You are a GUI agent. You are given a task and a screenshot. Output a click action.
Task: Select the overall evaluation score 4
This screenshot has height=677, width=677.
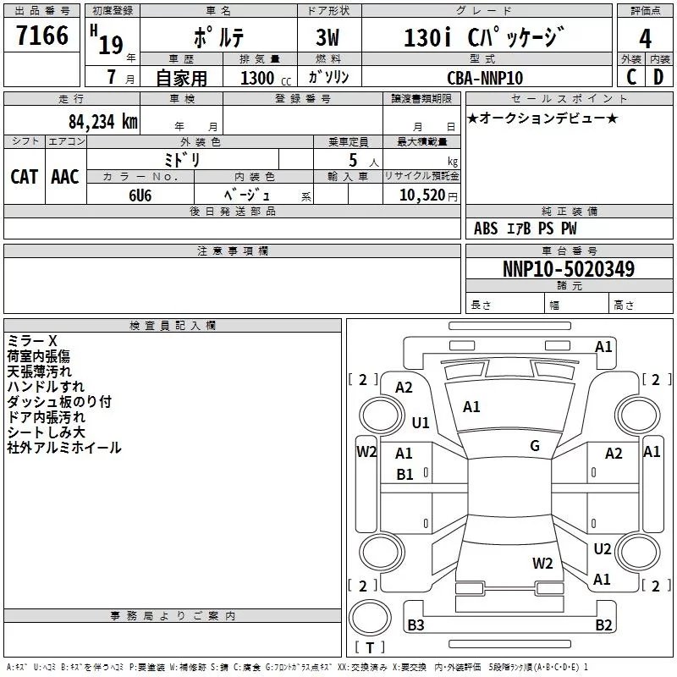click(x=646, y=39)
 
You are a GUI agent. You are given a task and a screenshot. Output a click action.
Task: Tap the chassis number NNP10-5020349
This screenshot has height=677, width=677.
click(x=569, y=269)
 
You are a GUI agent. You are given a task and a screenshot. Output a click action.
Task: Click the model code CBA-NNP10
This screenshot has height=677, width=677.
click(x=485, y=78)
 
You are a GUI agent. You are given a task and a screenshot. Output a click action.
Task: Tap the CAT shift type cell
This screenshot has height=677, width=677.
click(x=24, y=176)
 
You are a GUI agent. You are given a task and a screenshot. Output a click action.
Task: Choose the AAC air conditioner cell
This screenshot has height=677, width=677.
click(x=65, y=176)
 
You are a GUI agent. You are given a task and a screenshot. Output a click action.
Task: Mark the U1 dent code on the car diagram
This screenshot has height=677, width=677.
click(x=421, y=422)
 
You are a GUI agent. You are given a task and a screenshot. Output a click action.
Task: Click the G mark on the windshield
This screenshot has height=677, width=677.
click(x=535, y=446)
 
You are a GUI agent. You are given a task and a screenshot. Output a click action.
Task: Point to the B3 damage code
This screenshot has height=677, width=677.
click(x=416, y=625)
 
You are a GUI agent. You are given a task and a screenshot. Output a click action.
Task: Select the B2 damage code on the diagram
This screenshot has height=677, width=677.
click(x=603, y=625)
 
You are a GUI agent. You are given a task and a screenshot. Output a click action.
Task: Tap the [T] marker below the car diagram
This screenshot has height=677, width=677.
click(x=369, y=648)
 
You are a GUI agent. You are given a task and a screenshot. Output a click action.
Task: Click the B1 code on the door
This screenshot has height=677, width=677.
click(x=405, y=475)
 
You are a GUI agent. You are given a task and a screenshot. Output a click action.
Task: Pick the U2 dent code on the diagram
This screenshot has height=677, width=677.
click(x=602, y=549)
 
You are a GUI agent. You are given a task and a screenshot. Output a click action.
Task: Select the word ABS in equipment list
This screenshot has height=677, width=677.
click(x=486, y=228)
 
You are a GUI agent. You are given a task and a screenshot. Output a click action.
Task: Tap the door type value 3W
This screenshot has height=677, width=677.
click(x=329, y=39)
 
